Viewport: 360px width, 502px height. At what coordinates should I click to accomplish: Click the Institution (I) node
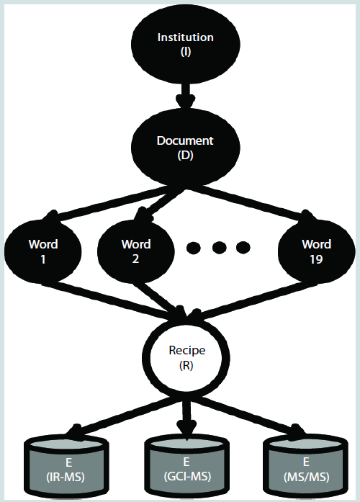[186, 44]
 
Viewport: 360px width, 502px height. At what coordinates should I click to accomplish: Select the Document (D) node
[186, 148]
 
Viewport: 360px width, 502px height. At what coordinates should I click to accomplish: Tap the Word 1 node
[43, 251]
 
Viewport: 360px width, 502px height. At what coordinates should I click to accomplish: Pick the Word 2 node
[136, 251]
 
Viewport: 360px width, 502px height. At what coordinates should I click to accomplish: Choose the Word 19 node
[317, 251]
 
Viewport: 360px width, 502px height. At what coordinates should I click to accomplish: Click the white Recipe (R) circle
[186, 358]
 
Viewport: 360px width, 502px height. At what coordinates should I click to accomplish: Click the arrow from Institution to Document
[185, 96]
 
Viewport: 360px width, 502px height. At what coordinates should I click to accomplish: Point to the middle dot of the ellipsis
[219, 247]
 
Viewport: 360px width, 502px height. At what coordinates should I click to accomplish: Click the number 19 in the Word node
[316, 259]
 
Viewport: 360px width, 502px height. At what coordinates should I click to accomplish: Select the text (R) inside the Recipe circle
[186, 365]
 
